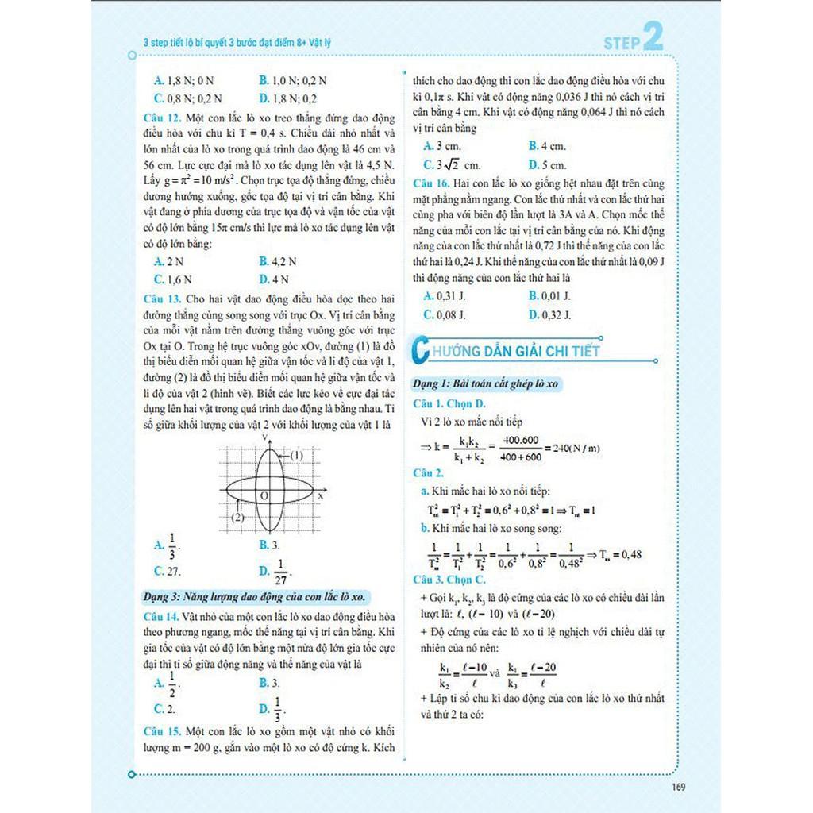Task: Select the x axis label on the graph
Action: (x=320, y=495)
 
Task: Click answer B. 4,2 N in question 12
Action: (x=278, y=260)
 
